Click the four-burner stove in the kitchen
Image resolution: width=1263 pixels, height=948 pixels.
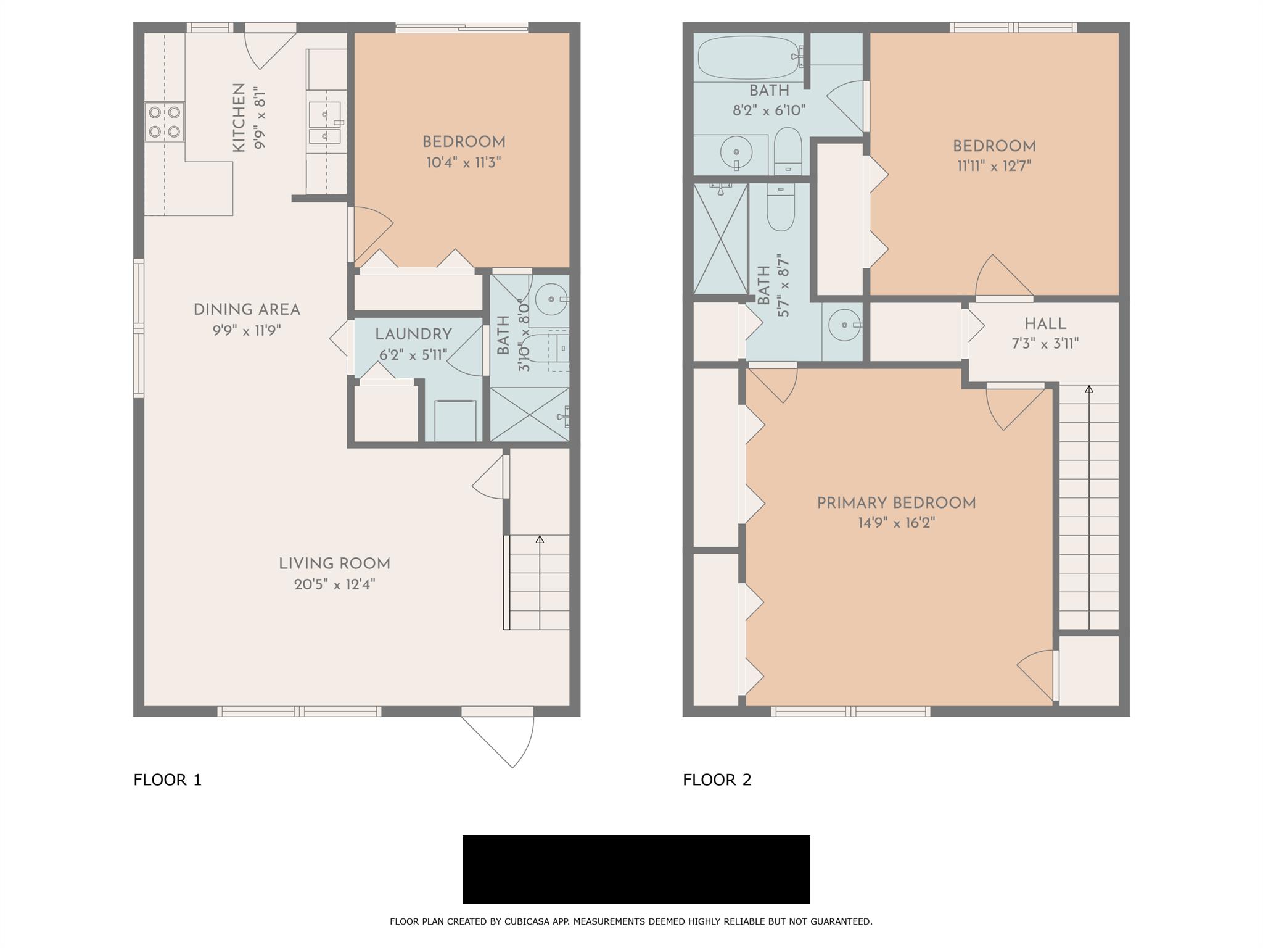pyautogui.click(x=165, y=122)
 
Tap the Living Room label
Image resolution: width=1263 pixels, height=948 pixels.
pyautogui.click(x=334, y=563)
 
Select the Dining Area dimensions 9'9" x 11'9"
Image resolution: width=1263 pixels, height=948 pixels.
pyautogui.click(x=247, y=331)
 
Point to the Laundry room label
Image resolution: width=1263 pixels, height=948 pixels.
pyautogui.click(x=413, y=335)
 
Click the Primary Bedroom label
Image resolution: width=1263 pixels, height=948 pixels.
pyautogui.click(x=897, y=503)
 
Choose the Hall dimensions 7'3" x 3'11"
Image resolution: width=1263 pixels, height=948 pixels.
pyautogui.click(x=1045, y=343)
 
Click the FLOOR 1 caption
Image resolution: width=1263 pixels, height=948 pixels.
pyautogui.click(x=168, y=780)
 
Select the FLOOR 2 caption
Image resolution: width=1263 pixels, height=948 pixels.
pyautogui.click(x=717, y=780)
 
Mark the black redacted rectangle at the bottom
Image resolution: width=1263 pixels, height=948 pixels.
pyautogui.click(x=636, y=869)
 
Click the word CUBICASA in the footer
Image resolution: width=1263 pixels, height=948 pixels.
pyautogui.click(x=529, y=921)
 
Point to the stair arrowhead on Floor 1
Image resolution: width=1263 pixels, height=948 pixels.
pyautogui.click(x=540, y=539)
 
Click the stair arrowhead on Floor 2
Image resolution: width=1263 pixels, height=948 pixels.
pyautogui.click(x=1089, y=389)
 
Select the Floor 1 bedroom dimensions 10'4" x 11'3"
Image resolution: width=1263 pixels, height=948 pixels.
pyautogui.click(x=464, y=163)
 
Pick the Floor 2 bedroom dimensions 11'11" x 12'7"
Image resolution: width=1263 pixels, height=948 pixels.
pyautogui.click(x=994, y=166)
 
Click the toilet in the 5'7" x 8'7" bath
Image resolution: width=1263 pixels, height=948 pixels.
pyautogui.click(x=781, y=207)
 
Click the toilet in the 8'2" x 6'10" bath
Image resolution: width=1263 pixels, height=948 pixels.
pyautogui.click(x=788, y=152)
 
